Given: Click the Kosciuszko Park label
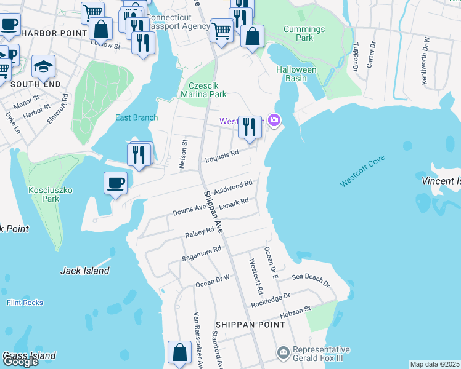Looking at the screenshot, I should pos(51,195).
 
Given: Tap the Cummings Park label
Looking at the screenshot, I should pos(304,33).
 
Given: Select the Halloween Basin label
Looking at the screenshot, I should pos(296,74).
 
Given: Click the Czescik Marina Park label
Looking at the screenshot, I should pos(203,90).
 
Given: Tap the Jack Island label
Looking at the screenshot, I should pos(85,271).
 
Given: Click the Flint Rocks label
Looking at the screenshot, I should pos(25,303).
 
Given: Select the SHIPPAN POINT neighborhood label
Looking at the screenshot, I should pos(241,324).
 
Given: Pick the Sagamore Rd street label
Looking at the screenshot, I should pos(201,254).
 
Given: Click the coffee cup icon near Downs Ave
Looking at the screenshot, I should pos(116,183).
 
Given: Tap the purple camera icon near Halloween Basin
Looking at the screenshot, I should pos(274,121).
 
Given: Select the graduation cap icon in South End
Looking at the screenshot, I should pos(44,66).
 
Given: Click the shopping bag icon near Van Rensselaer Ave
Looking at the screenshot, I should pos(179,353).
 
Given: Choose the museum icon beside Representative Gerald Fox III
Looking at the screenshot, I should pos(283,352).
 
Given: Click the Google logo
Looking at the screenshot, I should pos(20,362).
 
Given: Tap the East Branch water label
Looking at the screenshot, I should pos(136,117).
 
